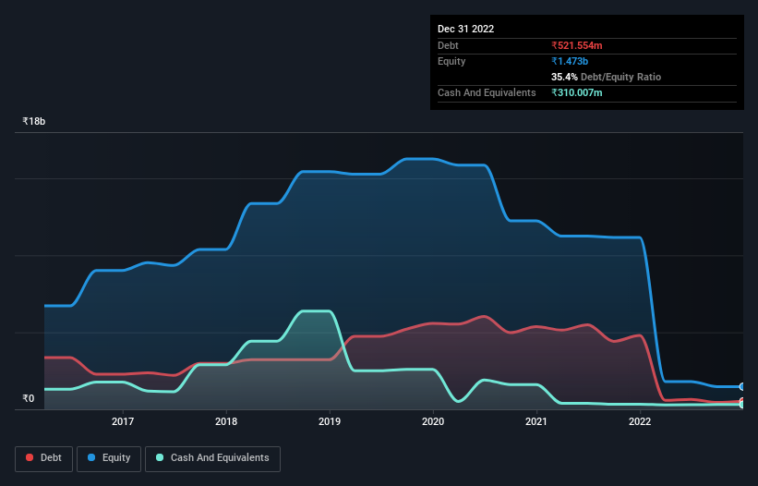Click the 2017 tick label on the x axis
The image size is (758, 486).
123,422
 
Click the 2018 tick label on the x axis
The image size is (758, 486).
226,422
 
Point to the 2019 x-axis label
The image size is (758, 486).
331,422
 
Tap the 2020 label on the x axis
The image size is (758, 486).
433,422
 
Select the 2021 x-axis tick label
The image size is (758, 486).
536,422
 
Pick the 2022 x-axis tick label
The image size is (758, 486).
640,422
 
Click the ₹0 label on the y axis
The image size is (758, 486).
29,399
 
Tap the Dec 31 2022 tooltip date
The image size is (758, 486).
465,29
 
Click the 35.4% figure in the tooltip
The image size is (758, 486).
566,77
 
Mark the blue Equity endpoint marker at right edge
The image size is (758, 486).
742,386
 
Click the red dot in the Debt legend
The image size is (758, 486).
30,457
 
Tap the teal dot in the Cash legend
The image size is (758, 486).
161,457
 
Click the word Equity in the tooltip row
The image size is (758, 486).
451,61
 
